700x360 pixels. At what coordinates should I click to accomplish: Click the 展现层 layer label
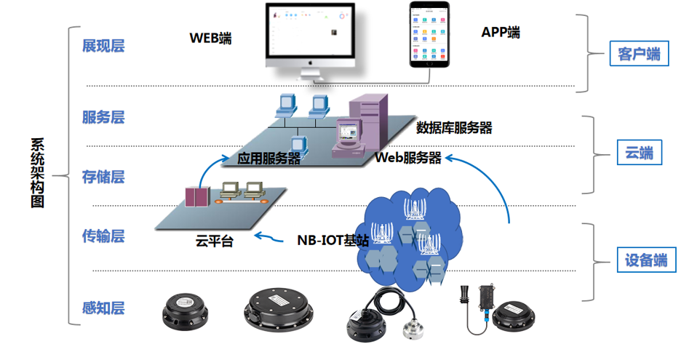click(x=103, y=46)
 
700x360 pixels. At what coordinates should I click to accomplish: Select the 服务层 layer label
click(x=103, y=117)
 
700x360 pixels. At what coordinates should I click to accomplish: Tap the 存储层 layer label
click(x=103, y=177)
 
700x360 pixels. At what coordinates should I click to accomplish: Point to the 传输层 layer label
click(x=103, y=236)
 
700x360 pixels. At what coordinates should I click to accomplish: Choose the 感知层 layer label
click(x=103, y=308)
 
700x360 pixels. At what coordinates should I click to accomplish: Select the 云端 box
click(x=635, y=153)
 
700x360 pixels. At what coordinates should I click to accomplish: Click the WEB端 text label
click(x=211, y=38)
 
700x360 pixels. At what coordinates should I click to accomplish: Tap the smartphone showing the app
click(x=428, y=34)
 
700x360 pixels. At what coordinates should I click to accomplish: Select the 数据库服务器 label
click(x=454, y=128)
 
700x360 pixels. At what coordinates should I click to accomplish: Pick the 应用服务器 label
click(x=269, y=159)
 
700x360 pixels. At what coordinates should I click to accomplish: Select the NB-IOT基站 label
click(x=333, y=241)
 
